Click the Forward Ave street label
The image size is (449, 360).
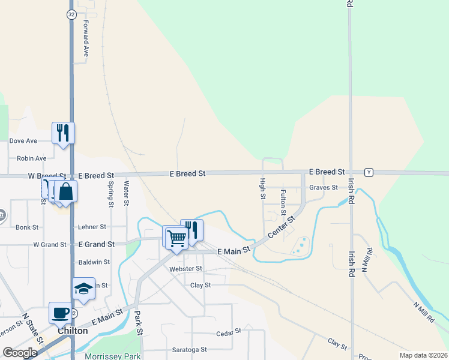click(x=86, y=39)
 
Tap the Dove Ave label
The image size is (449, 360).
click(x=23, y=141)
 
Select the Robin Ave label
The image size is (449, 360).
click(x=32, y=158)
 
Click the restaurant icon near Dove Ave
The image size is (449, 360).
click(x=64, y=133)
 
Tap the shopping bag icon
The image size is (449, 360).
click(x=66, y=192)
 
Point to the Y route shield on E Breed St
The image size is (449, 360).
click(x=369, y=172)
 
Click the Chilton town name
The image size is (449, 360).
click(x=73, y=331)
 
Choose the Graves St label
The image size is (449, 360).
click(x=323, y=187)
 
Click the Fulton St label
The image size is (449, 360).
click(x=283, y=200)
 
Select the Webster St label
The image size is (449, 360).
click(x=186, y=268)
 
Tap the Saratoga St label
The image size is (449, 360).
click(x=187, y=349)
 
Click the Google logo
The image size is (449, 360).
click(x=20, y=353)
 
